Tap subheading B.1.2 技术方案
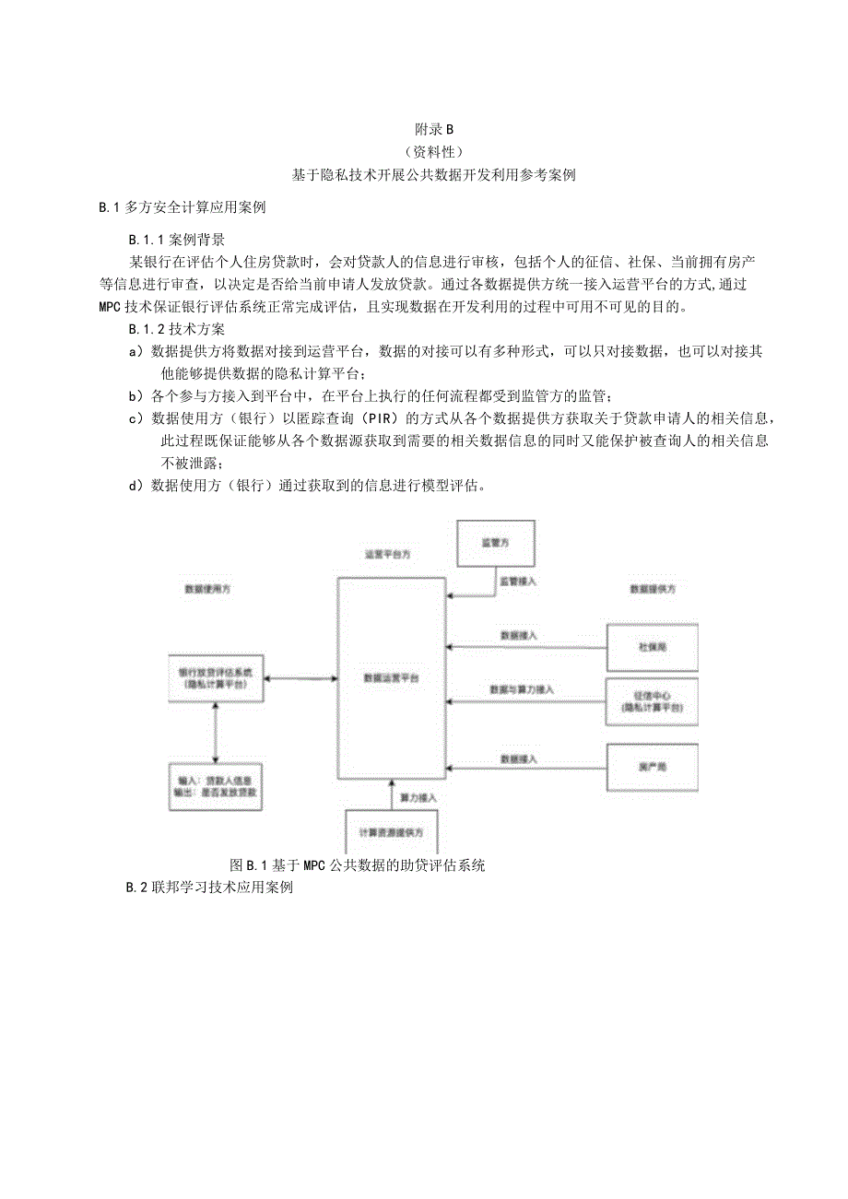[177, 328]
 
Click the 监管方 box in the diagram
[496, 545]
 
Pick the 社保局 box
[652, 647]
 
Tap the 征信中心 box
[652, 701]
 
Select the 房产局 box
[652, 766]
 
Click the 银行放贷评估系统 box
[215, 678]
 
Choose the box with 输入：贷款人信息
[215, 786]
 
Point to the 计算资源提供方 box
[392, 831]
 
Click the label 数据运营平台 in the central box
[392, 677]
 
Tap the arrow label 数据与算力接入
[522, 689]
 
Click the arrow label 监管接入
[518, 582]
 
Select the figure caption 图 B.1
[357, 865]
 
